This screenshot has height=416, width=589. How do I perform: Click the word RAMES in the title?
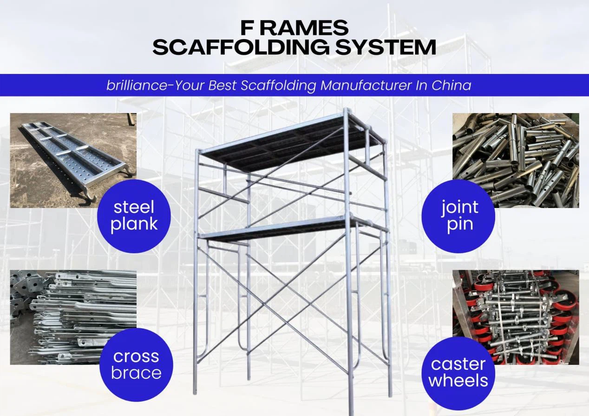pos(304,28)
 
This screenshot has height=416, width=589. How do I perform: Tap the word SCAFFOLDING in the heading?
pos(241,47)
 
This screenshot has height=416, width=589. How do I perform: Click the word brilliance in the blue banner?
pos(137,85)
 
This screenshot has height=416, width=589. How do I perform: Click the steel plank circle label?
pos(134,216)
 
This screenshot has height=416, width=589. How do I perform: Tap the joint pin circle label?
pos(458,216)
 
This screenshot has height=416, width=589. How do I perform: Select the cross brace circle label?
pos(136,365)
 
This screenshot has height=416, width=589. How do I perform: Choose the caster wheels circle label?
pos(458,373)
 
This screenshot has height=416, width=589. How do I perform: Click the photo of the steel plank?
pos(73,160)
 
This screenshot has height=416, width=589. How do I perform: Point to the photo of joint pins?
pos(516,160)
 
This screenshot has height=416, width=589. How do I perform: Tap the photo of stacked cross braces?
pos(73,317)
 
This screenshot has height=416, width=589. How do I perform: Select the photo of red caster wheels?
pos(516,317)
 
